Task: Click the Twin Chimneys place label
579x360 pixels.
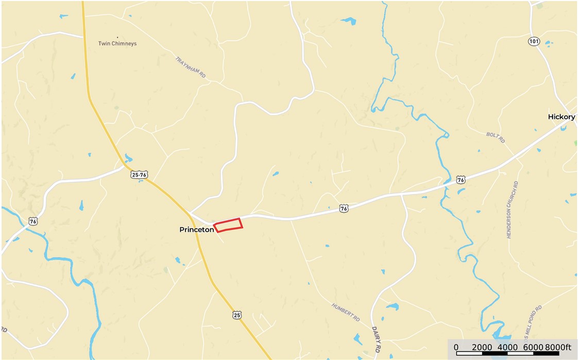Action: point(117,44)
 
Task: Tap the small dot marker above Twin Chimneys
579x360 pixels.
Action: point(117,38)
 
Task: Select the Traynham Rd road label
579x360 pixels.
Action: point(191,67)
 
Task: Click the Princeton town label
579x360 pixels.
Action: point(196,230)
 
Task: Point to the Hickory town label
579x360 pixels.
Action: point(561,117)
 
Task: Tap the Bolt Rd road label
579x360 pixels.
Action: point(495,138)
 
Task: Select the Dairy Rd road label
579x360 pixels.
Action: point(376,339)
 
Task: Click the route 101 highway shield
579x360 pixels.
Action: point(534,41)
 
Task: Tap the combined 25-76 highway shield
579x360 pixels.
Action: point(139,175)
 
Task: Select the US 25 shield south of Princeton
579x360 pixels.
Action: point(236,315)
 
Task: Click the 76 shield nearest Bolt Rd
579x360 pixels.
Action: point(461,180)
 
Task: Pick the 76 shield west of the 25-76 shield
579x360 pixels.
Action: point(33,221)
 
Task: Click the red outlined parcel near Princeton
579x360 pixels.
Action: point(228,225)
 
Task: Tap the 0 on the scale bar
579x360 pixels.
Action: point(456,347)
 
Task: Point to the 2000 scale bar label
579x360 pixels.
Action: point(482,347)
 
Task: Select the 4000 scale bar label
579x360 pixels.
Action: point(507,347)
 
